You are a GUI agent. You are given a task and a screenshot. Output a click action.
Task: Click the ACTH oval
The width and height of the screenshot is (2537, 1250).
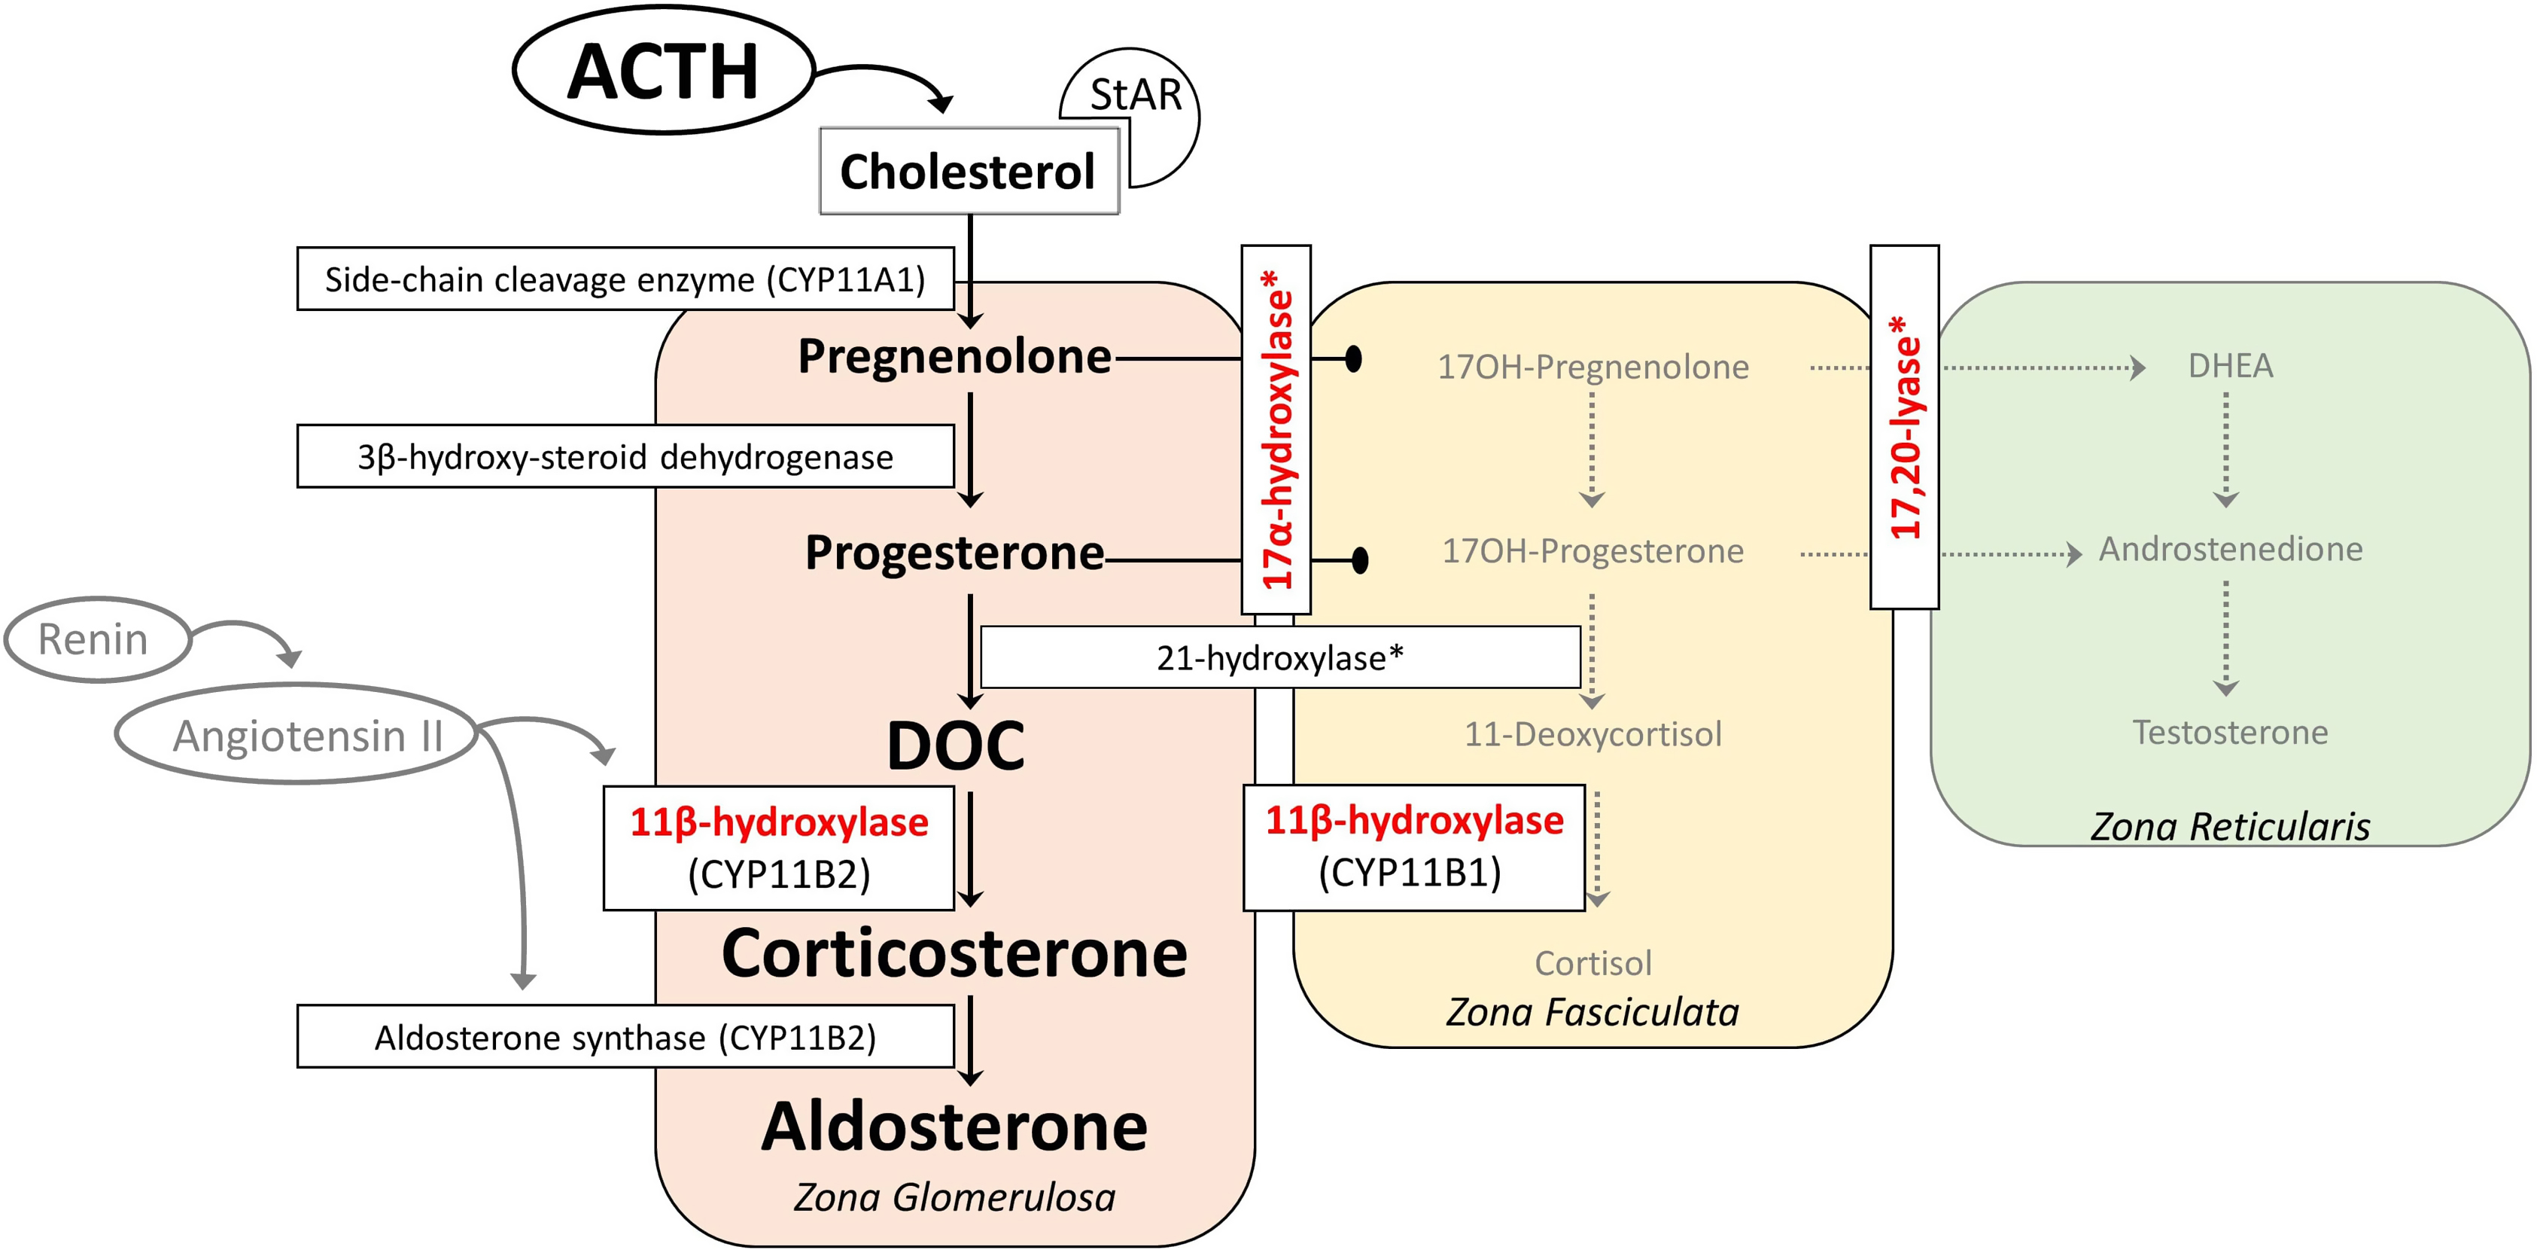pos(663,71)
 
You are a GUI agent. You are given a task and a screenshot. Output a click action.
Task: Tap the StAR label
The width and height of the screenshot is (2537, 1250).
pos(1135,96)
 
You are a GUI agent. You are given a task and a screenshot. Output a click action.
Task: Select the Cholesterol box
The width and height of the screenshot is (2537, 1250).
pos(968,172)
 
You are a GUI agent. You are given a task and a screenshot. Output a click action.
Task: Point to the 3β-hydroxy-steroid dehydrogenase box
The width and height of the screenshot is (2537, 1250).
pos(625,457)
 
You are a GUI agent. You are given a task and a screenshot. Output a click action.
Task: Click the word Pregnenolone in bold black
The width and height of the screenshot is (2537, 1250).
pos(954,357)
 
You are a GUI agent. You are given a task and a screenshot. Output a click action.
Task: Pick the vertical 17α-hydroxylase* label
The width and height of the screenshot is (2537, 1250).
pos(1276,429)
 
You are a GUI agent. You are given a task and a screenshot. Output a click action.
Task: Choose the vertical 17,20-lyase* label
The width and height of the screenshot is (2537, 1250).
pos(1905,428)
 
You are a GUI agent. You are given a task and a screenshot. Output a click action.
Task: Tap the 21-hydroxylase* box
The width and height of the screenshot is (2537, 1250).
pos(1279,658)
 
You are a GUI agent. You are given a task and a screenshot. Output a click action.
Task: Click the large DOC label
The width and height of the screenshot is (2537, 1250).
pos(955,745)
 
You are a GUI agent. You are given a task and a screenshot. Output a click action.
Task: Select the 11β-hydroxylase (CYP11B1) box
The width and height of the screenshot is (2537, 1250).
pos(1413,847)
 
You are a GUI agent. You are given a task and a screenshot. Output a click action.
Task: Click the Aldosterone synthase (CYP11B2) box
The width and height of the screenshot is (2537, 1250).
pos(625,1037)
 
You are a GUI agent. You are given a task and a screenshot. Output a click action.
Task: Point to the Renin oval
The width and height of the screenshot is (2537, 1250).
pos(95,639)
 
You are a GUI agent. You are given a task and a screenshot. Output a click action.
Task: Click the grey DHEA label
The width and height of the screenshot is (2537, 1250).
pos(2230,367)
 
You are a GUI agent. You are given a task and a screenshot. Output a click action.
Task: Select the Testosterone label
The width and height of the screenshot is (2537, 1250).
pos(2230,733)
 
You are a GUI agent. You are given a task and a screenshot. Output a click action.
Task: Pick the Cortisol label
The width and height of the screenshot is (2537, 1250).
pos(1592,963)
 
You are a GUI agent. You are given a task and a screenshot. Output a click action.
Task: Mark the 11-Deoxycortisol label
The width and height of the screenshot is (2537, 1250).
pos(1592,735)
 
